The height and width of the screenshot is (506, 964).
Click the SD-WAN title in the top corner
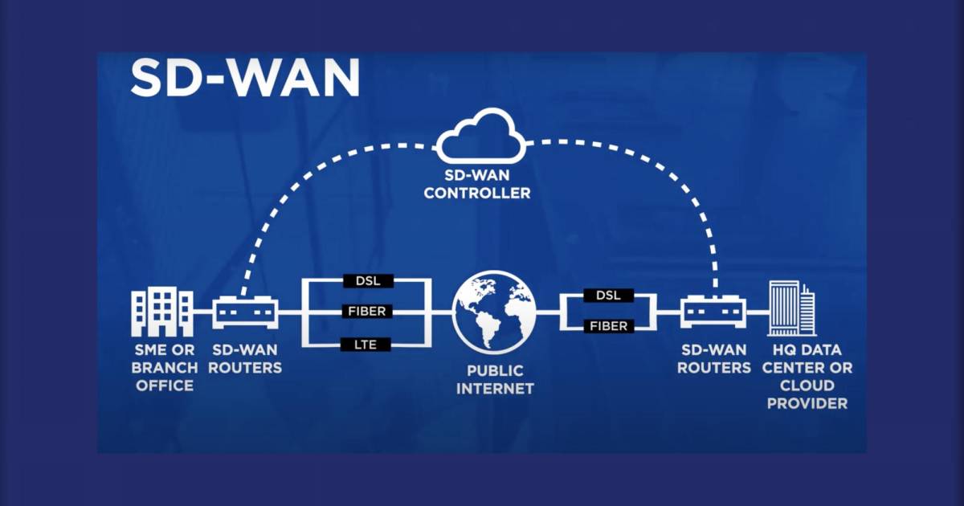pyautogui.click(x=245, y=77)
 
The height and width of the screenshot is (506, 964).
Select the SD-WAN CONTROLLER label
pyautogui.click(x=477, y=184)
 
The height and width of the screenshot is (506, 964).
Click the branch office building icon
pyautogui.click(x=162, y=312)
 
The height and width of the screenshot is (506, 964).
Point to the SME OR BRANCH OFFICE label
pyautogui.click(x=165, y=368)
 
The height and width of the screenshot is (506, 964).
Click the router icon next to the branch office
pyautogui.click(x=245, y=312)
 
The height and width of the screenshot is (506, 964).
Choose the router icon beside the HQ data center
pyautogui.click(x=713, y=312)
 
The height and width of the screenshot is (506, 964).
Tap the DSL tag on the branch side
pyautogui.click(x=368, y=281)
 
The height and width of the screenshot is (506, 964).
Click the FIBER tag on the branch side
pyautogui.click(x=367, y=311)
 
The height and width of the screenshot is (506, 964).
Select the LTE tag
pyautogui.click(x=366, y=345)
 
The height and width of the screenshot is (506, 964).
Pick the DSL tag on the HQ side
pyautogui.click(x=609, y=296)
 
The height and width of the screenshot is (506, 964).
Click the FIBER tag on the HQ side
pyautogui.click(x=609, y=326)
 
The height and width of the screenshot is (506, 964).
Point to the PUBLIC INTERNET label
pyautogui.click(x=495, y=379)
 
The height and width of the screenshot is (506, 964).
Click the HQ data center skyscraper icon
pyautogui.click(x=792, y=308)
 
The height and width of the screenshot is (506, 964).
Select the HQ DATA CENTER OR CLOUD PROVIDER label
pyautogui.click(x=807, y=377)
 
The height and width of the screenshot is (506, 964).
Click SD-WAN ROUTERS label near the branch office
pyautogui.click(x=245, y=359)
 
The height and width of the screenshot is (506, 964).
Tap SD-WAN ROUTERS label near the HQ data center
pyautogui.click(x=714, y=359)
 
